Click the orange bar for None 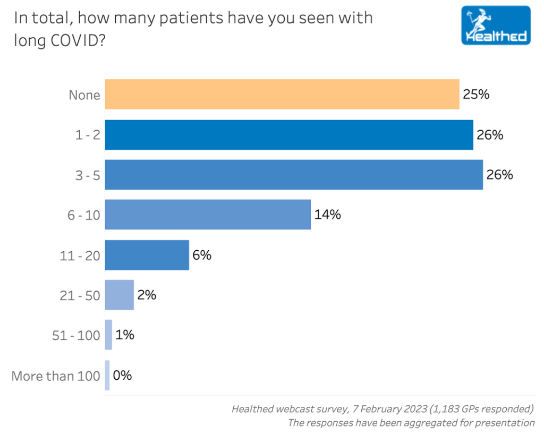pos(282,95)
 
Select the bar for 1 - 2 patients pos(288,135)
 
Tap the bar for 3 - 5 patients pos(293,175)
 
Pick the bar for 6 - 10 pos(207,215)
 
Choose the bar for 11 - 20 pos(147,255)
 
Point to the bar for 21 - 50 pos(119,295)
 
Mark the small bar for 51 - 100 pos(108,335)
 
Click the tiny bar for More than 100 pos(107,375)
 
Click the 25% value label pos(475,95)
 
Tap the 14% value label pos(327,215)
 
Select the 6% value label pos(202,255)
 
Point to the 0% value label pos(122,375)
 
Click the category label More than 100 pos(56,376)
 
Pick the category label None pos(84,95)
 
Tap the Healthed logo pos(496,25)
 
